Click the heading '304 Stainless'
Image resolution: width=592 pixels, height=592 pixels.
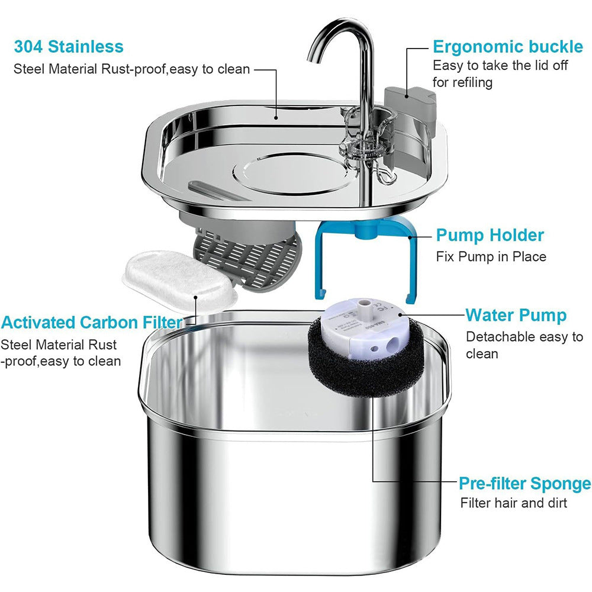[x=69, y=47]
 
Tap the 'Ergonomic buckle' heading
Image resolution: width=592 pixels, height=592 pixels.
[x=508, y=47]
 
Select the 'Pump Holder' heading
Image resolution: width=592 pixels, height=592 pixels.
[x=490, y=235]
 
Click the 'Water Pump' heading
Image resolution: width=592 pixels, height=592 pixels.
[x=516, y=316]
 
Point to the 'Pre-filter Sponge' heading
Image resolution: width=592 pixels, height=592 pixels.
[x=525, y=483]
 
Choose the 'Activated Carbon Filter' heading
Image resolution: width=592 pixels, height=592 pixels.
[x=92, y=323]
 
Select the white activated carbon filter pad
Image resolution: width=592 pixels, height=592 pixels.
[x=180, y=279]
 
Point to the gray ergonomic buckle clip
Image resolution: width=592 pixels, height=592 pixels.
[x=410, y=108]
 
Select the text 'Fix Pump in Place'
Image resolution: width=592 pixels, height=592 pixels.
[x=491, y=257]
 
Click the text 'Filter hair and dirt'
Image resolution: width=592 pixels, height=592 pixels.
[x=513, y=503]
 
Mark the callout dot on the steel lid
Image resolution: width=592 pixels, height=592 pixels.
[x=276, y=118]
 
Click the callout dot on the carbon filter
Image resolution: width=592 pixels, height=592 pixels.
[x=195, y=297]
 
